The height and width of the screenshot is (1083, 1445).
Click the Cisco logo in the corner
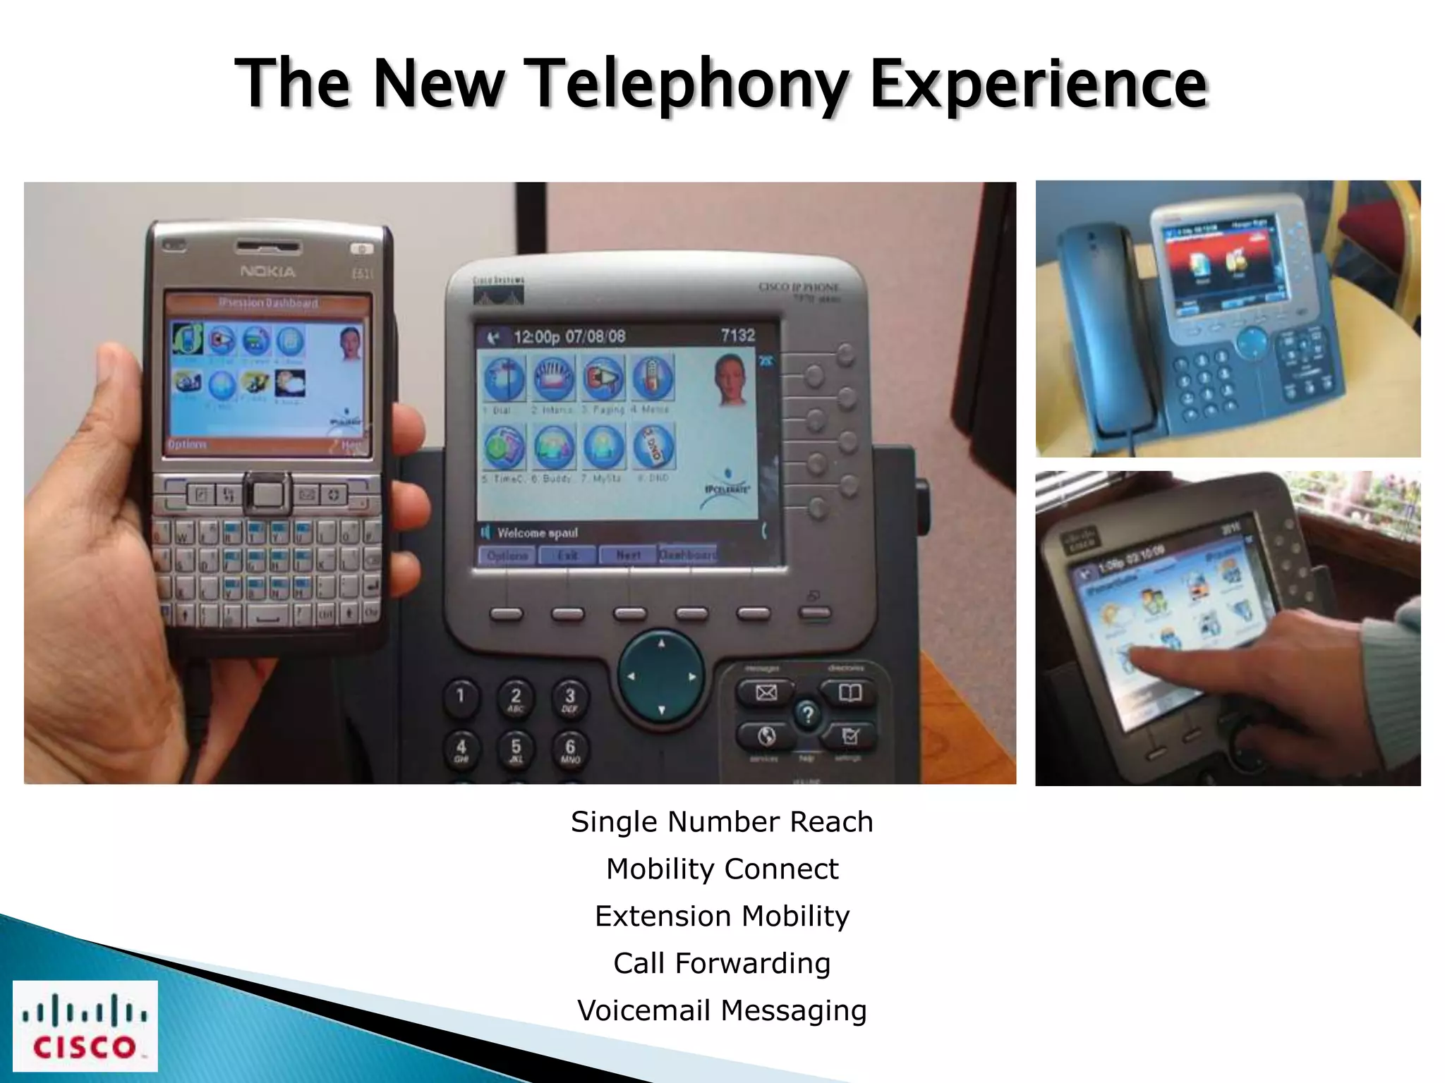[x=85, y=1026]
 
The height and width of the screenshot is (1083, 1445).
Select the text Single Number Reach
[x=722, y=822]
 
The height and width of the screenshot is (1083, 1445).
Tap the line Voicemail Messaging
[x=722, y=1010]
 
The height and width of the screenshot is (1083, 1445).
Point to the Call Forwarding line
[x=722, y=963]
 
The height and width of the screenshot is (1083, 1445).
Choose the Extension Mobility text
[x=722, y=916]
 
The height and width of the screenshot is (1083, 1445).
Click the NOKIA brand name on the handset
[x=268, y=271]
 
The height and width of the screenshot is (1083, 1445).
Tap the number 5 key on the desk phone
[x=516, y=749]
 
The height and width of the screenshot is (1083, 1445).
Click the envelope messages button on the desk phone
[x=766, y=692]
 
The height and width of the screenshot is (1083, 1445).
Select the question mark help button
[x=808, y=715]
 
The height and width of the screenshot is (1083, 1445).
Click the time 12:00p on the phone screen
[x=536, y=337]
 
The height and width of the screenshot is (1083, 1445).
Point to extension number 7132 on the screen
[x=738, y=336]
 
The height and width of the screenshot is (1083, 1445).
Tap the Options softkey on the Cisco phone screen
[x=507, y=556]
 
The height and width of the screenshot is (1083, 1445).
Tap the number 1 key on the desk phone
[x=461, y=697]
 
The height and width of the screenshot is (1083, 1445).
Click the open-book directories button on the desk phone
[x=850, y=692]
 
